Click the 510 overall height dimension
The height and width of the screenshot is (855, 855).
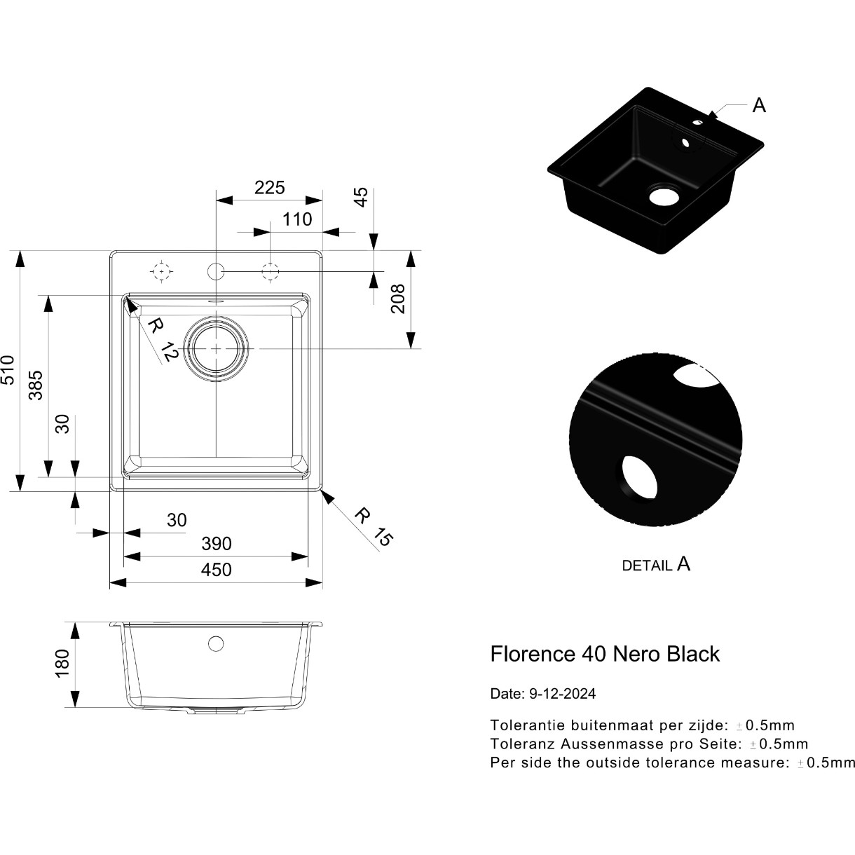(8, 369)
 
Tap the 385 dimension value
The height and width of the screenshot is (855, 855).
(36, 385)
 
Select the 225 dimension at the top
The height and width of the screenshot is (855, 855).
(269, 188)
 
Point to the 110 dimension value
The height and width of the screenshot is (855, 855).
(297, 219)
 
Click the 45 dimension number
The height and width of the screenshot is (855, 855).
(362, 197)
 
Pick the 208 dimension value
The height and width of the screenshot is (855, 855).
(398, 299)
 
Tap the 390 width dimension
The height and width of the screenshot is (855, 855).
(217, 544)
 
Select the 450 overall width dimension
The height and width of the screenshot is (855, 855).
(216, 570)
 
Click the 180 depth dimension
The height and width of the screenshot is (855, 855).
(62, 663)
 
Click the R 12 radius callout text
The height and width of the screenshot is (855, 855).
(163, 339)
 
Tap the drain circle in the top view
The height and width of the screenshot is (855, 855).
(216, 349)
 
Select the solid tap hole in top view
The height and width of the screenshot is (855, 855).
(216, 271)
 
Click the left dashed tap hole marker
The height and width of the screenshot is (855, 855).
(161, 271)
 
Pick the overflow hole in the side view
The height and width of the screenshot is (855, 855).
(216, 643)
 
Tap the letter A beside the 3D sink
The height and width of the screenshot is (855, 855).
(759, 106)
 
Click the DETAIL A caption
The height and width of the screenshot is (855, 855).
(656, 564)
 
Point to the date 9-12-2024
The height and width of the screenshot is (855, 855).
(563, 694)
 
